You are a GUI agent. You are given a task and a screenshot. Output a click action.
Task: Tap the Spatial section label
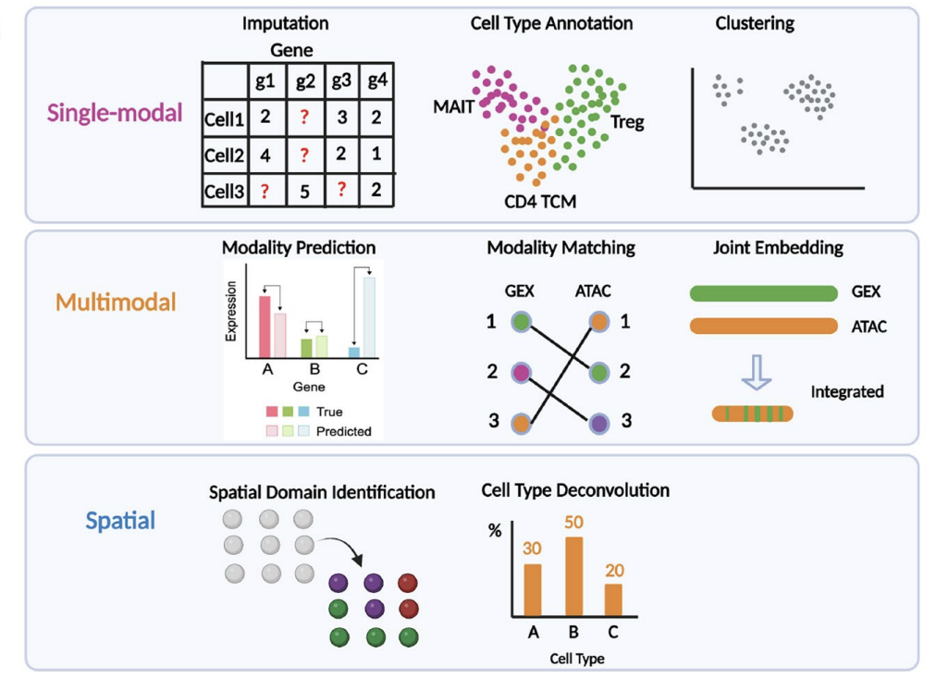point(120,521)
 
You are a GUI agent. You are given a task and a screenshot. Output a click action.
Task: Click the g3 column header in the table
point(341,80)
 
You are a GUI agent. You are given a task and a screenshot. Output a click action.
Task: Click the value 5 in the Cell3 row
point(305,191)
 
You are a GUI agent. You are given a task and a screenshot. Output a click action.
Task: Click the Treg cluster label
point(627,121)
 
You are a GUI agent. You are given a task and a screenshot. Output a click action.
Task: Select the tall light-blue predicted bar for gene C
point(369,316)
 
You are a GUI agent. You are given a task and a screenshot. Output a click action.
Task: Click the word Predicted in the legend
point(343,431)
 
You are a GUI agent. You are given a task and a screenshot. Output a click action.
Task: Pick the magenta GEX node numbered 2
point(522,373)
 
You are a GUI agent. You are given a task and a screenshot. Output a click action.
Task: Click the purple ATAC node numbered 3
point(598,422)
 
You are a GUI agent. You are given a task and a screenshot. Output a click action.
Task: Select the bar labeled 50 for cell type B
point(573,576)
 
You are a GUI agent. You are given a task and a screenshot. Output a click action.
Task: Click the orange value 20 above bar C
point(615,571)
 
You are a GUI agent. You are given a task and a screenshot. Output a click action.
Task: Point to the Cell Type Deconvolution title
point(575,490)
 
